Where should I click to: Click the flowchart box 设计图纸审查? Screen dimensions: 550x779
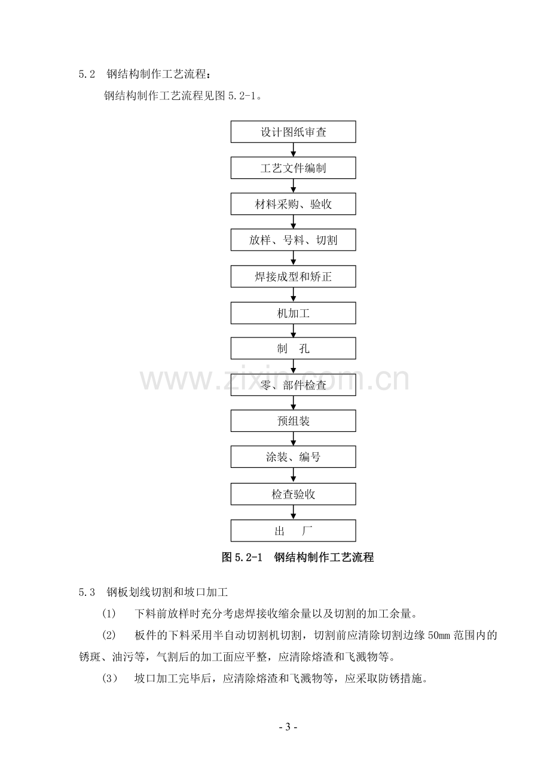(x=294, y=132)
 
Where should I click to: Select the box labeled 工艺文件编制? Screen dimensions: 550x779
(x=294, y=168)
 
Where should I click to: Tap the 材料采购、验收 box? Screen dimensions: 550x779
(x=294, y=204)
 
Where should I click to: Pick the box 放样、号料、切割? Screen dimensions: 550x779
(x=294, y=240)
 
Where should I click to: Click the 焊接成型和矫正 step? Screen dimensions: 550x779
(x=294, y=276)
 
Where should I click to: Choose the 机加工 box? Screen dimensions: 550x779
(x=294, y=313)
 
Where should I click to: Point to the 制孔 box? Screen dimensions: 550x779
(x=294, y=348)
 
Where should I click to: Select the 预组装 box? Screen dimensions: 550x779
(x=294, y=421)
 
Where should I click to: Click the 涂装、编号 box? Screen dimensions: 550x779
(x=294, y=457)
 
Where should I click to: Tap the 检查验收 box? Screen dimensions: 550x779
(x=294, y=494)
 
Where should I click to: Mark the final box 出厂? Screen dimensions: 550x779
(x=294, y=531)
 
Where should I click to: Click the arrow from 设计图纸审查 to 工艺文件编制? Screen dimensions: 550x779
(x=294, y=150)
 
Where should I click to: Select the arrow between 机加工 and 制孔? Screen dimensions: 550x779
(x=294, y=331)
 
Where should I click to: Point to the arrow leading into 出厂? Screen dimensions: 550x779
(x=294, y=513)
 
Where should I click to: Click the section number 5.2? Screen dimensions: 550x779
(x=87, y=74)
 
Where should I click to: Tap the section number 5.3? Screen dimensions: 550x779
(x=87, y=592)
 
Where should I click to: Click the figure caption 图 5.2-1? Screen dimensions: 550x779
(x=242, y=558)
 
